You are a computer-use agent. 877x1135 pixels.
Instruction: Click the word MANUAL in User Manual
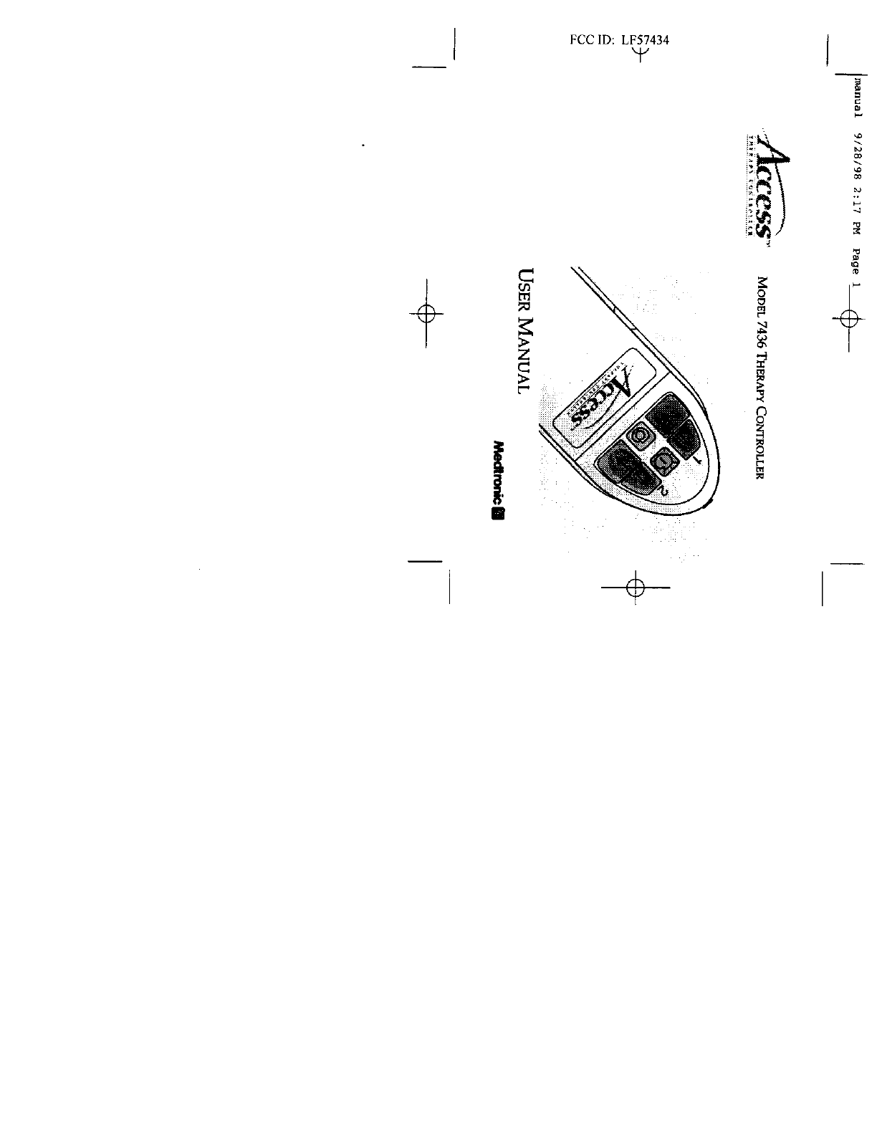tap(526, 355)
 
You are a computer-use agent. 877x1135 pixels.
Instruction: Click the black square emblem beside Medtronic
tap(499, 514)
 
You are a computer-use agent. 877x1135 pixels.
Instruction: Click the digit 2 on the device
tap(663, 491)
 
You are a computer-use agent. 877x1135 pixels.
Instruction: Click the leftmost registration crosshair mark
tap(426, 312)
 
